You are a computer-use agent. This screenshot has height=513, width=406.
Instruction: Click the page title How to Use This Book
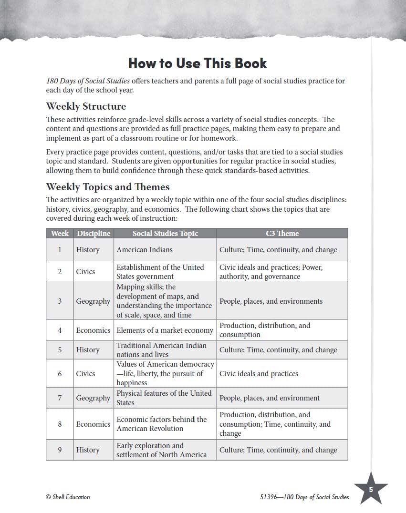point(198,63)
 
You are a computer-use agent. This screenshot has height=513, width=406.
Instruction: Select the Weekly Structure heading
point(86,106)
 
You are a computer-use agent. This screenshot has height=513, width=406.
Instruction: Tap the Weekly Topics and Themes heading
point(108,186)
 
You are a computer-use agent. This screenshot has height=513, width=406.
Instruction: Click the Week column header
point(60,233)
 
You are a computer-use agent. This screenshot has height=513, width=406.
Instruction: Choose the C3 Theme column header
point(282,233)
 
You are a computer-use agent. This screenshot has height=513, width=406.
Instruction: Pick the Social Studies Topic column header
point(165,233)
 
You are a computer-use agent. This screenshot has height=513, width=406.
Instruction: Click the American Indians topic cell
point(145,249)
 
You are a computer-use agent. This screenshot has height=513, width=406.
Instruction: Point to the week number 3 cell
point(60,301)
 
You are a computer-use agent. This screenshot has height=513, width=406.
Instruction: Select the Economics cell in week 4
point(93,330)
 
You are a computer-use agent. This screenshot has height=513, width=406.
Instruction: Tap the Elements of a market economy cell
point(165,330)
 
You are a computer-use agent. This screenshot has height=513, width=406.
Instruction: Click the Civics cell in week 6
point(86,373)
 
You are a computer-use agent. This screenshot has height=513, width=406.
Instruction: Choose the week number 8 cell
point(60,424)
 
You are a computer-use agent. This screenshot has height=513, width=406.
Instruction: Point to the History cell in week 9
point(88,450)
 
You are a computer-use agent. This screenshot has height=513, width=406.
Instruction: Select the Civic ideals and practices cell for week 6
point(259,373)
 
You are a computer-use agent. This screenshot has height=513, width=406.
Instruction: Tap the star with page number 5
point(371,489)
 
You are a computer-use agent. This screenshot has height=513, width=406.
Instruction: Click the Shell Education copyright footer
point(68,497)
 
